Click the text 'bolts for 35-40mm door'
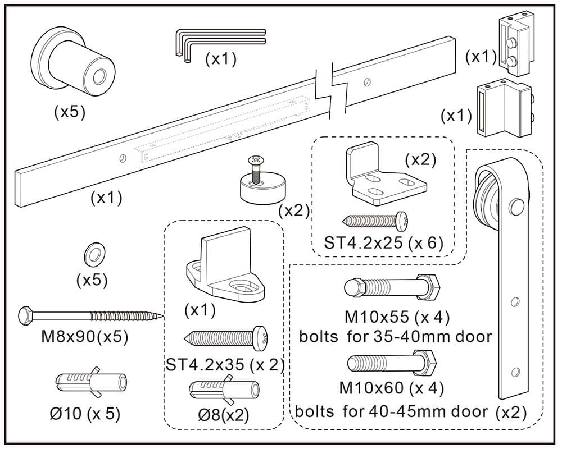click(x=396, y=337)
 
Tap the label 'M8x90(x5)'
click(x=85, y=337)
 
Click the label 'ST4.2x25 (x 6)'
click(x=384, y=243)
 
